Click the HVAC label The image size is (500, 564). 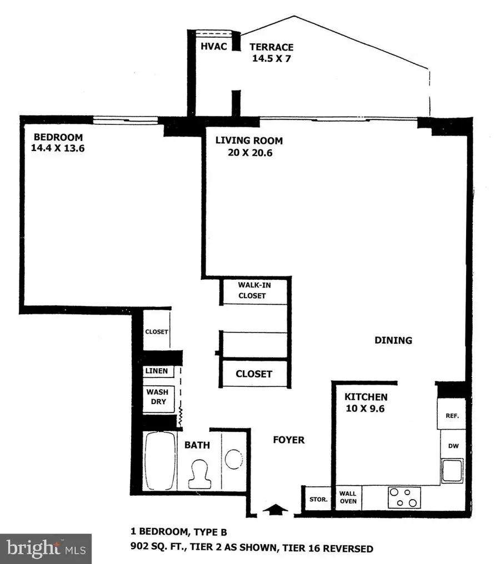point(214,47)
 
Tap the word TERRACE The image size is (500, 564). point(271,47)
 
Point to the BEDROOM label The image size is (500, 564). point(58,138)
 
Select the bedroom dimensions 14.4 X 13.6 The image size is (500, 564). point(58,148)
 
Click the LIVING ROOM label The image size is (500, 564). point(249,140)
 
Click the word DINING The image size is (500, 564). point(393,340)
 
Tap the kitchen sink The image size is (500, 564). point(452,470)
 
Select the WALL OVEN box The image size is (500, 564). point(347,497)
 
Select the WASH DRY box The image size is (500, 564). point(157,396)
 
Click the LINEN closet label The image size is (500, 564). point(157,371)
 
